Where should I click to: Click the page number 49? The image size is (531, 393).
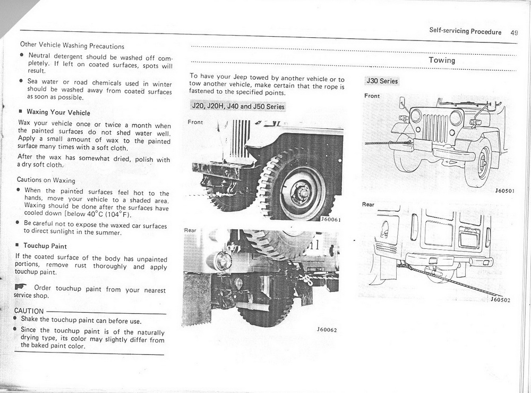[x=513, y=32]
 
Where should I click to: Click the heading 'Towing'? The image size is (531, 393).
[x=442, y=60]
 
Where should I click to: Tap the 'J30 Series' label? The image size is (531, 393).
[x=381, y=81]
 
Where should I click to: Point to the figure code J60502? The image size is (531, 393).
[x=500, y=300]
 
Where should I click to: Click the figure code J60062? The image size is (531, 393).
[x=326, y=330]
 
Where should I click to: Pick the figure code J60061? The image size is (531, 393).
[x=330, y=219]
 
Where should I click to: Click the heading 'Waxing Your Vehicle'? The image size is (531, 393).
[x=58, y=113]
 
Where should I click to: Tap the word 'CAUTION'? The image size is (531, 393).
[x=29, y=311]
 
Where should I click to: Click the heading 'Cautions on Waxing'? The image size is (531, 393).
[x=46, y=180]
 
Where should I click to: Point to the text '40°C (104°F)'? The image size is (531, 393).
[x=108, y=215]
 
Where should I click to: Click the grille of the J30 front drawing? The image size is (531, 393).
[x=435, y=128]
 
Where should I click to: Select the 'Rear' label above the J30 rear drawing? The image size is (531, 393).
[x=368, y=205]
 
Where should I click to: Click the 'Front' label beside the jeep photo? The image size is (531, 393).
[x=195, y=122]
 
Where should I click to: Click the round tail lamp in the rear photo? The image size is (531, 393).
[x=224, y=261]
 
